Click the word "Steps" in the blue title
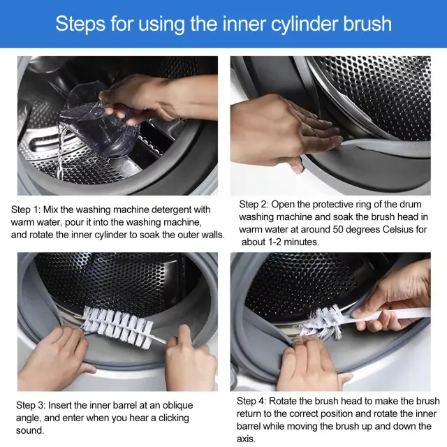(x=80, y=24)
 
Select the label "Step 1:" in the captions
(x=26, y=210)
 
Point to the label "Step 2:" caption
(x=254, y=204)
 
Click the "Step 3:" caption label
(x=31, y=405)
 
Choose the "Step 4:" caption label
(x=251, y=401)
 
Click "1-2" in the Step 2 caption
(x=274, y=242)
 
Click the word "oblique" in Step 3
(x=177, y=406)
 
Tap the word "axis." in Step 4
(x=246, y=439)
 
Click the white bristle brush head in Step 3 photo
(x=117, y=327)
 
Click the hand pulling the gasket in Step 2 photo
(x=282, y=131)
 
